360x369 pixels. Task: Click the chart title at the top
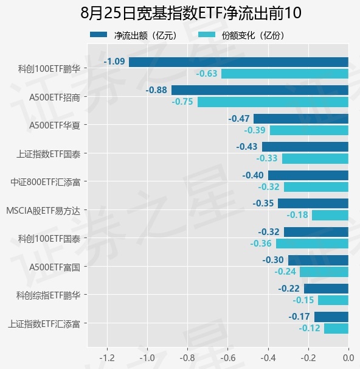pyautogui.click(x=191, y=13)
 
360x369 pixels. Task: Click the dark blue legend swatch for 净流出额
pyautogui.click(x=99, y=35)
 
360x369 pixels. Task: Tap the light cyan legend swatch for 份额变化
pyautogui.click(x=207, y=35)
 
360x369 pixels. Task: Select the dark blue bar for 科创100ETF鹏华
pyautogui.click(x=238, y=62)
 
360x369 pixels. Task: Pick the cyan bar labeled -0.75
pyautogui.click(x=273, y=102)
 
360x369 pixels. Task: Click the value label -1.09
pyautogui.click(x=114, y=61)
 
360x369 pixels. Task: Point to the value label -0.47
pyautogui.click(x=239, y=119)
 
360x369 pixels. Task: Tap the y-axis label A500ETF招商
pyautogui.click(x=55, y=97)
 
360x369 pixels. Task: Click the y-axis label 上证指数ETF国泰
pyautogui.click(x=49, y=154)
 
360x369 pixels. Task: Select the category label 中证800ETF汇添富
pyautogui.click(x=46, y=182)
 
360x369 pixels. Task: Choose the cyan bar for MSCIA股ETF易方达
pyautogui.click(x=330, y=216)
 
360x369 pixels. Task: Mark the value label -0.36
pyautogui.click(x=261, y=244)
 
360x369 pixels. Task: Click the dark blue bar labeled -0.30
pyautogui.click(x=318, y=260)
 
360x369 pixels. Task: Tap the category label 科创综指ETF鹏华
pyautogui.click(x=49, y=295)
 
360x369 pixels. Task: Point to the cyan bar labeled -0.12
pyautogui.click(x=336, y=329)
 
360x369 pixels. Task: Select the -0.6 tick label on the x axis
pyautogui.click(x=227, y=358)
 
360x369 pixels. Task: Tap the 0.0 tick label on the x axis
pyautogui.click(x=348, y=358)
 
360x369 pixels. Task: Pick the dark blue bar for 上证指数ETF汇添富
pyautogui.click(x=331, y=317)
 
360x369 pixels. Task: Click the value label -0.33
pyautogui.click(x=267, y=158)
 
